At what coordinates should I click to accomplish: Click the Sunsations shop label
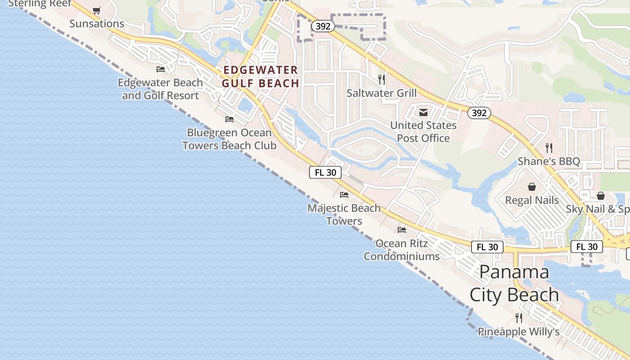coord(97,23)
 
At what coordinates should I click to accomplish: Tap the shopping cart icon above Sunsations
coord(97,10)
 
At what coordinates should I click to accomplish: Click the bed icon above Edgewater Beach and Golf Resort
coord(161,69)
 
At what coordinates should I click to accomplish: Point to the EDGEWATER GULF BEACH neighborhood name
coord(261,76)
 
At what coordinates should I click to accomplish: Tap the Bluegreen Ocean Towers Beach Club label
coord(229,139)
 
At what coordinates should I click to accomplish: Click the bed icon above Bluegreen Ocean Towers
coord(229,119)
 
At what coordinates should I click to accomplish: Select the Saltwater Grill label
coord(382,93)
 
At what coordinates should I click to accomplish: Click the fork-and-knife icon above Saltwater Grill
coord(382,80)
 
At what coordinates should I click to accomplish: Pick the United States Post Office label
coord(423,131)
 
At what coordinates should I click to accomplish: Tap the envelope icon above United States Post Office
coord(423,112)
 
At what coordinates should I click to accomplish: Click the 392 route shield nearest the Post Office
coord(479,113)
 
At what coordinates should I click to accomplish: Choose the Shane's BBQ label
coord(549,162)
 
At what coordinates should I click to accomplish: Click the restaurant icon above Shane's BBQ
coord(549,148)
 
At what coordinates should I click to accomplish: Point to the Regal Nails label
coord(532,200)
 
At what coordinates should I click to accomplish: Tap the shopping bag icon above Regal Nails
coord(532,186)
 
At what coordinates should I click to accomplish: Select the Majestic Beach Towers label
coord(344,215)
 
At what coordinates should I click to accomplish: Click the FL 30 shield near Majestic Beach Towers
coord(325,172)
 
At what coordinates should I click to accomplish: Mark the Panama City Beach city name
coord(514,283)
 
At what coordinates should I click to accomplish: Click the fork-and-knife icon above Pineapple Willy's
coord(519,318)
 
